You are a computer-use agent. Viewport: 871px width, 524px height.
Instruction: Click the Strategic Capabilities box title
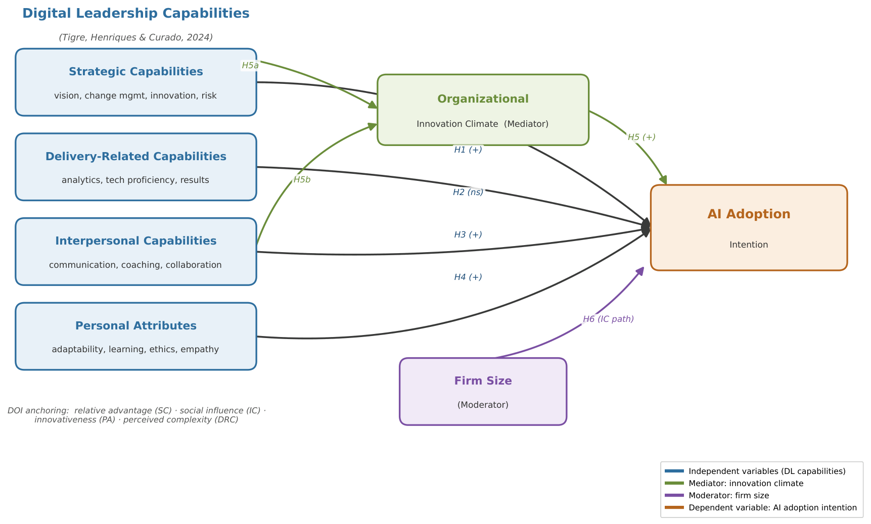136,72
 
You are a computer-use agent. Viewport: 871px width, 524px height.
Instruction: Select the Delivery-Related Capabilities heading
136,157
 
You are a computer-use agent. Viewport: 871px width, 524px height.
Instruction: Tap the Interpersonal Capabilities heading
136,241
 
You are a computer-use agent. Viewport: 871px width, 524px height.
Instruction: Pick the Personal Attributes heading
136,326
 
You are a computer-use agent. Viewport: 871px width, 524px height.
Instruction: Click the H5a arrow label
250,65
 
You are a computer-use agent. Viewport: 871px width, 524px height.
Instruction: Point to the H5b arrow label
302,179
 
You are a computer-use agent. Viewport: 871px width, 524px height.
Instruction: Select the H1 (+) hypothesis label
468,150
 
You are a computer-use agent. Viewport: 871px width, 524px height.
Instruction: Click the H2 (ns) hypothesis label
468,192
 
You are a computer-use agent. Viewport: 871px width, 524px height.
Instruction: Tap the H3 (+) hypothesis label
468,234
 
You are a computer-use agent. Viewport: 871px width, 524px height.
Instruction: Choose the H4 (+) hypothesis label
468,277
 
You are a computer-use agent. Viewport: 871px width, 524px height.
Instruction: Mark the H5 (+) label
641,137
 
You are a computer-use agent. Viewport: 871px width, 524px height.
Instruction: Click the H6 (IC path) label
608,319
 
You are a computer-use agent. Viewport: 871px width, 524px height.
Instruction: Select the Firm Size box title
483,381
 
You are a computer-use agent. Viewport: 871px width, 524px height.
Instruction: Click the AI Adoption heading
749,214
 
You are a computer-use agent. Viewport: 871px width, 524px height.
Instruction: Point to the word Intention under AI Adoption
749,245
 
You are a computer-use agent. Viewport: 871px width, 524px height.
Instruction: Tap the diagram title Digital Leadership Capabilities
136,14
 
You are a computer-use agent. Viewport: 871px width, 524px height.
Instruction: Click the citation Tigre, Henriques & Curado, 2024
136,37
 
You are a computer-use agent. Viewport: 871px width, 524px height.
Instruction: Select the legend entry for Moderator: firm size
728,496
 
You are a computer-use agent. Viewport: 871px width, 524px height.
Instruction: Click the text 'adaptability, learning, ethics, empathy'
135,349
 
